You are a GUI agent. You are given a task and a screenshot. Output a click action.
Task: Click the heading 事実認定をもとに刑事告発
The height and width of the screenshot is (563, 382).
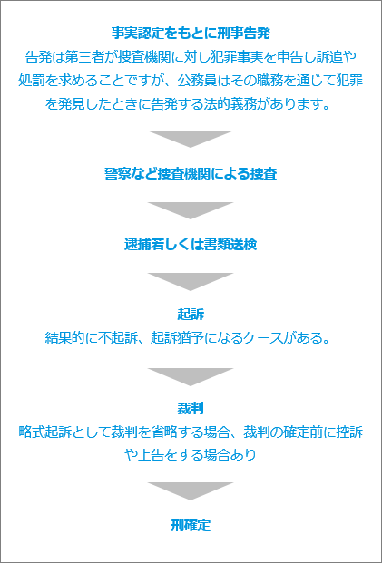tap(191, 34)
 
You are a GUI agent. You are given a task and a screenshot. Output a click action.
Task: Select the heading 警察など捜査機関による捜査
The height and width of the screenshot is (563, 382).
tap(191, 174)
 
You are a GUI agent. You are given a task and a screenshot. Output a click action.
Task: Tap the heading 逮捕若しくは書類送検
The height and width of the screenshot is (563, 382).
tap(191, 245)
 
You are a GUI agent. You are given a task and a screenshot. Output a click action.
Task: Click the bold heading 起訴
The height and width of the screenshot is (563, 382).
tap(191, 315)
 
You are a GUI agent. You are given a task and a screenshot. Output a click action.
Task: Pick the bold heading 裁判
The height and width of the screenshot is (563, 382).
tap(191, 409)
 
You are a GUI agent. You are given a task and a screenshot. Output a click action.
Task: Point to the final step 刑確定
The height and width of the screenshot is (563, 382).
tap(191, 526)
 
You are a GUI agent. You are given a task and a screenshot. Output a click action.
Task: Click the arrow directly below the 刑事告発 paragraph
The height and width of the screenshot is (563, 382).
tap(191, 139)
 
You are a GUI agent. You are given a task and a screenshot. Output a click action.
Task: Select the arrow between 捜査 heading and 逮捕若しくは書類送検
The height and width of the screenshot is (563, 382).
tap(191, 210)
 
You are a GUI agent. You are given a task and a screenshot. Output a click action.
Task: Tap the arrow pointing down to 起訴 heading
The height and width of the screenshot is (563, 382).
tap(191, 282)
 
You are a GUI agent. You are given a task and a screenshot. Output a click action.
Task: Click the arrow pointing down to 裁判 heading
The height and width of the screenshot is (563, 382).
tap(191, 377)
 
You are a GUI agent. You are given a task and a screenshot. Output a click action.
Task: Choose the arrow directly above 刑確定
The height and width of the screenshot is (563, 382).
tap(191, 491)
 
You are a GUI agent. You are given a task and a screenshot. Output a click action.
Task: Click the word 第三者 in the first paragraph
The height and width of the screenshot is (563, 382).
tap(84, 57)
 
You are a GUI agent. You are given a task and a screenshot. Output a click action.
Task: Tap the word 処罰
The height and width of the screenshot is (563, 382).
tap(32, 82)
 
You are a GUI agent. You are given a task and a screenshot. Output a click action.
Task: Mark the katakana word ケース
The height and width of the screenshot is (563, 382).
tap(262, 338)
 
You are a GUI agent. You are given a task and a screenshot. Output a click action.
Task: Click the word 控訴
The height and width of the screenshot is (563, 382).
tap(349, 432)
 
